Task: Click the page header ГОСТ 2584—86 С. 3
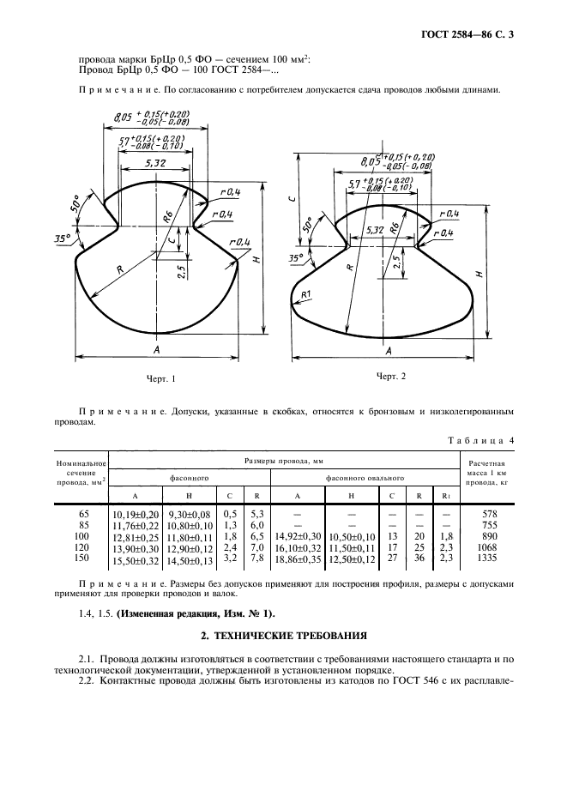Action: (472, 35)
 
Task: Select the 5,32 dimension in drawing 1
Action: (156, 162)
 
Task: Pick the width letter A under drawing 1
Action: (157, 351)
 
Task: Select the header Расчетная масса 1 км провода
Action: (486, 477)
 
